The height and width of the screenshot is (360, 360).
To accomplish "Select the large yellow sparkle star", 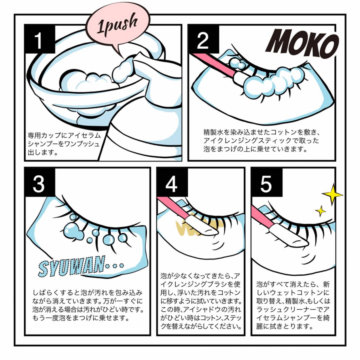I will (x=333, y=194).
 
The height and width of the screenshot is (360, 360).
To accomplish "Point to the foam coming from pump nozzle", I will (x=122, y=69).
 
